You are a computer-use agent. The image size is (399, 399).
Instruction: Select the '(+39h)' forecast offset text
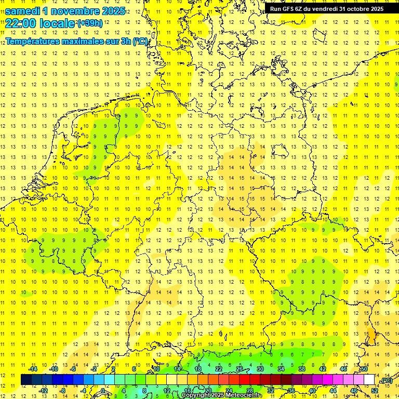(x=89, y=23)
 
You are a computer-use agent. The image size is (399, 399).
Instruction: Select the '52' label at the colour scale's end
(x=375, y=390)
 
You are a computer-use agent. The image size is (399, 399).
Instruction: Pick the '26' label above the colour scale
(x=240, y=369)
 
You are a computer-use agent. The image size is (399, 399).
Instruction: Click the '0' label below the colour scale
(x=103, y=390)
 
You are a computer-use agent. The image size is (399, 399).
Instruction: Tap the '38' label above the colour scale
(x=302, y=369)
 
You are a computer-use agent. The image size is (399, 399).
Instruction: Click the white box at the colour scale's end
(x=369, y=380)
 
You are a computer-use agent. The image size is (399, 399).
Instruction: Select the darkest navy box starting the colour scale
(x=26, y=380)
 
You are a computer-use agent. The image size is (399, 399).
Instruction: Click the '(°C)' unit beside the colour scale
(x=386, y=380)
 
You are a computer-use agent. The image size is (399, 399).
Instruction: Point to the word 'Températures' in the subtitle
(x=31, y=42)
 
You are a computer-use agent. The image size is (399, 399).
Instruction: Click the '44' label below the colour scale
(x=333, y=390)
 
